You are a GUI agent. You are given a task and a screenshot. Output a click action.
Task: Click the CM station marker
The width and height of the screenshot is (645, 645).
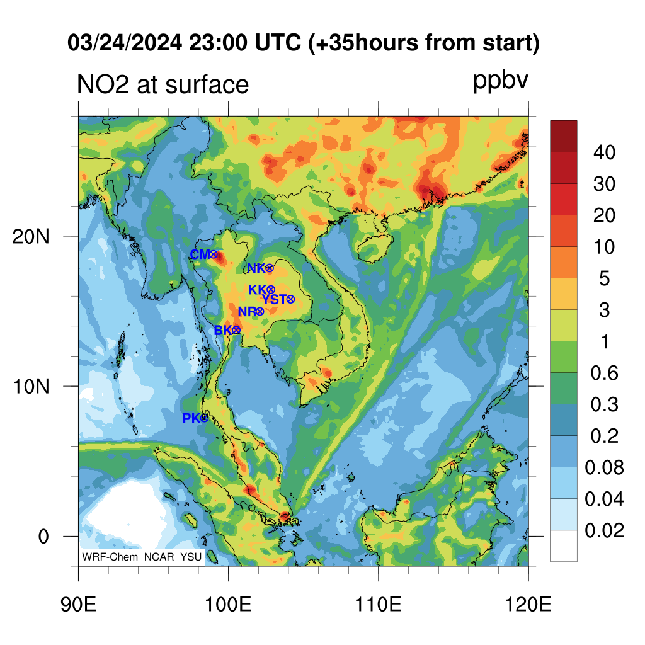(x=214, y=254)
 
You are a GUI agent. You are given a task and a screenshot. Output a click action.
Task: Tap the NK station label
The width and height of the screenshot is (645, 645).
(x=256, y=268)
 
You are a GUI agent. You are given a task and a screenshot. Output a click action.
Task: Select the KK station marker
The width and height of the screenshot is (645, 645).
(x=271, y=290)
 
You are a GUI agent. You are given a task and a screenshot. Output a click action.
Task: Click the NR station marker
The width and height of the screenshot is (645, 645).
(x=260, y=312)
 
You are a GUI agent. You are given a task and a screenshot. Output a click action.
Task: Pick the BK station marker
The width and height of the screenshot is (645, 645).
(x=236, y=330)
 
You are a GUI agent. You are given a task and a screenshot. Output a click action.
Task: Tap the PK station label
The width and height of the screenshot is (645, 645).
(x=191, y=418)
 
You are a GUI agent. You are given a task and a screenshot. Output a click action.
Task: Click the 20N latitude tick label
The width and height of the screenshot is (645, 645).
(x=31, y=237)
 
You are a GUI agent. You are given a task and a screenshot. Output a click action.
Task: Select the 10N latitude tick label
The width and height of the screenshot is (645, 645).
(x=31, y=387)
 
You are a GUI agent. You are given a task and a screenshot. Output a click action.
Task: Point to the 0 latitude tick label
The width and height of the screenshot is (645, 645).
(x=43, y=537)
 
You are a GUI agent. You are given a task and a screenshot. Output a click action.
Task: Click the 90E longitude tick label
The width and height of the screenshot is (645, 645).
(x=78, y=605)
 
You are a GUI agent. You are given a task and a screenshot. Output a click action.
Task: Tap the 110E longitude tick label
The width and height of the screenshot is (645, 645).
(x=378, y=605)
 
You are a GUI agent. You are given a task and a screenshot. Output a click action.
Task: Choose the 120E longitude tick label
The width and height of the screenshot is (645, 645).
(x=528, y=605)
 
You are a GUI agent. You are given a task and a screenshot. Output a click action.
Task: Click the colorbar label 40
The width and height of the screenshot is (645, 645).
(x=604, y=152)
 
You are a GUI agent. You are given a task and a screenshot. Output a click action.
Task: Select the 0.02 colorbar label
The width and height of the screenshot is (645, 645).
(x=604, y=530)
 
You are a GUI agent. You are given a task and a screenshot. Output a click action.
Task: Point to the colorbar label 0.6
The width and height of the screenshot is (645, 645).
(x=604, y=373)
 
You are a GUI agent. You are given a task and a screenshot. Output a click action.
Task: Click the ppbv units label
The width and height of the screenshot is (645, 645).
(x=501, y=81)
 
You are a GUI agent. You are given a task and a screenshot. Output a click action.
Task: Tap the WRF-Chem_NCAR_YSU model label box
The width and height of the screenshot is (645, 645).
(x=142, y=557)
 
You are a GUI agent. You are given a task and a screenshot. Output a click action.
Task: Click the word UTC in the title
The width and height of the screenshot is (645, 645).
(x=278, y=43)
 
